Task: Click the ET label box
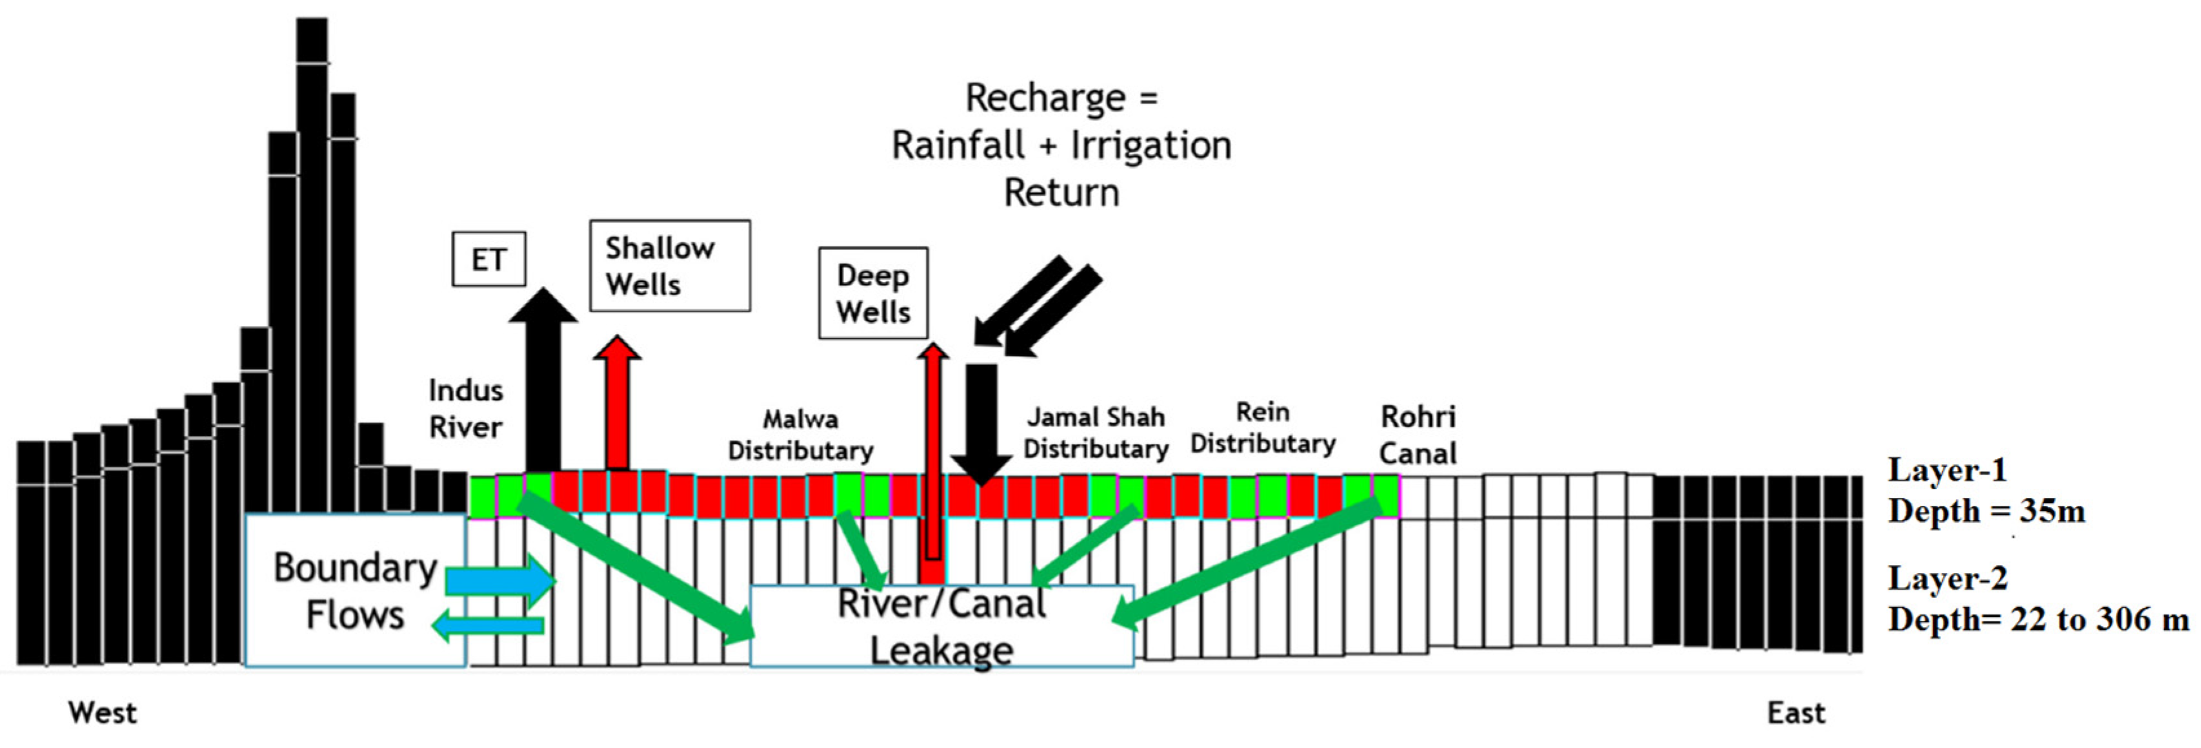coord(488,259)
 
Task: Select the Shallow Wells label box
coord(670,266)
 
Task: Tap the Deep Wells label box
coord(873,293)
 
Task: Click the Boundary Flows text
coord(356,592)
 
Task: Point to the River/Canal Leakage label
coord(941,627)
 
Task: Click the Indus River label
coord(466,409)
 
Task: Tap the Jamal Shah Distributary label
coord(1096,433)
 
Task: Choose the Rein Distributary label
coord(1263,428)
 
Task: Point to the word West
coord(103,712)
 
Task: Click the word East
coord(1796,712)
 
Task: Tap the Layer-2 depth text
coord(2038,598)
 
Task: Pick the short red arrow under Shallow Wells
coord(617,402)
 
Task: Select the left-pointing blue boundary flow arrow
coord(488,625)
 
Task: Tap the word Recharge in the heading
coord(1045,98)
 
